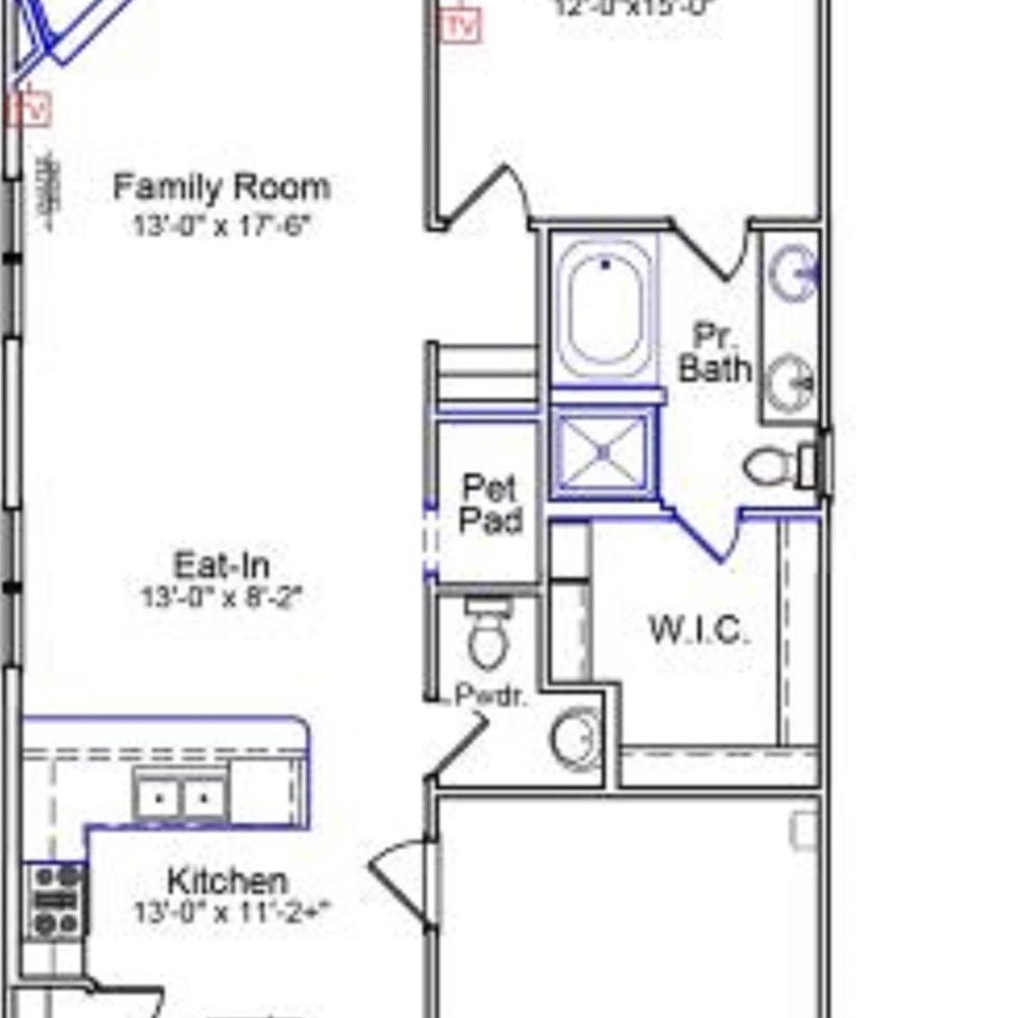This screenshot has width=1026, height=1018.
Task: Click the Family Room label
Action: [x=222, y=186]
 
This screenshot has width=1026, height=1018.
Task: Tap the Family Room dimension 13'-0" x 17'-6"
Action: [x=221, y=225]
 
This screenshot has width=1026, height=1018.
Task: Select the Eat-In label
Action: [x=221, y=565]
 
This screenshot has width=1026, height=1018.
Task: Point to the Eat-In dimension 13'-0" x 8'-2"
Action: [x=221, y=597]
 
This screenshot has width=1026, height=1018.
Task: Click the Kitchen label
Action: [x=227, y=880]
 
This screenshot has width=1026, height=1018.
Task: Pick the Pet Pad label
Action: [x=490, y=504]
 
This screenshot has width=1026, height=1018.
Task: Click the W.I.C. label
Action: [x=699, y=629]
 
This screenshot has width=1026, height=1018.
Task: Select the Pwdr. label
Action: [x=490, y=695]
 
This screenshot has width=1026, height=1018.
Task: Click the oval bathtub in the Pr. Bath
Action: [x=605, y=309]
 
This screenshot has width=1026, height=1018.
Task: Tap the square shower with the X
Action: [x=604, y=452]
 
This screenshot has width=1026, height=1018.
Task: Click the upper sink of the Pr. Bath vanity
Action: [x=792, y=270]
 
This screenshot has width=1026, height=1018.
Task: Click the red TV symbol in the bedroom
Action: [x=460, y=25]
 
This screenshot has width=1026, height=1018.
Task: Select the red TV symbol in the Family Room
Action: [x=31, y=110]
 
